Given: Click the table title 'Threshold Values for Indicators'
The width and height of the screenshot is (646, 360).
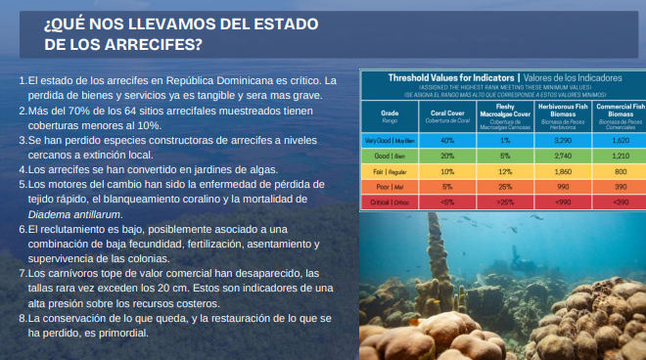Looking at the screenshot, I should [452, 76].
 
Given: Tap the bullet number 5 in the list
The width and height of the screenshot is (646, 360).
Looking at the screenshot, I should [23, 183].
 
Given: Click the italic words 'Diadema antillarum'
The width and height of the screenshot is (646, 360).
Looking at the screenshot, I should [68, 212].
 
